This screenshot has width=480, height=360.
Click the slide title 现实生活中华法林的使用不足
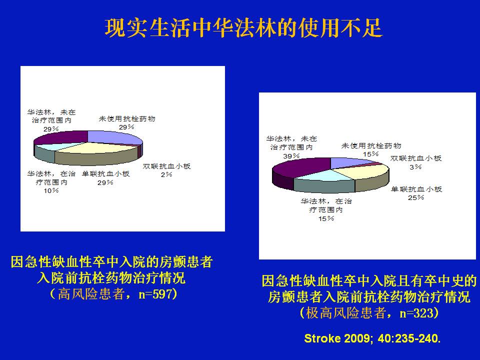tap(243, 28)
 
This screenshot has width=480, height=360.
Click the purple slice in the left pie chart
tap(61, 137)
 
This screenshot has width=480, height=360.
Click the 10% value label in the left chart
tap(51, 190)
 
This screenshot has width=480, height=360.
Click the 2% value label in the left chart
tap(167, 174)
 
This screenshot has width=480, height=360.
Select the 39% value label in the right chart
tap(291, 156)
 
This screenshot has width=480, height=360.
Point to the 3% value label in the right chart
tap(416, 167)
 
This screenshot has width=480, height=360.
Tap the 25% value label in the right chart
tap(416, 198)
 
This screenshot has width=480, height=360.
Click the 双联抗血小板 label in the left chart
tap(167, 166)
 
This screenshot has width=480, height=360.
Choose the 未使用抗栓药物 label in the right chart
tap(371, 145)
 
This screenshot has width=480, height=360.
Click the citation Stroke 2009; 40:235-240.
tap(372, 338)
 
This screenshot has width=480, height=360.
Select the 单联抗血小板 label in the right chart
tap(416, 189)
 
